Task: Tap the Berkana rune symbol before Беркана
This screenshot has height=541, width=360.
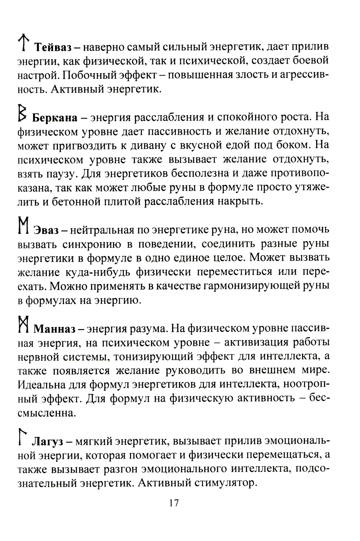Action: pyautogui.click(x=23, y=113)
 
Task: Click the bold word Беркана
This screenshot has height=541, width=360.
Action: pyautogui.click(x=55, y=118)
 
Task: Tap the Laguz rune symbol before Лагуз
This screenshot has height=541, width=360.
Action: pyautogui.click(x=23, y=436)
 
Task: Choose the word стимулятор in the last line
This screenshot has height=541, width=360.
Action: pyautogui.click(x=225, y=483)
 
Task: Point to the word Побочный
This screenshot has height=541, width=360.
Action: pyautogui.click(x=84, y=76)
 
